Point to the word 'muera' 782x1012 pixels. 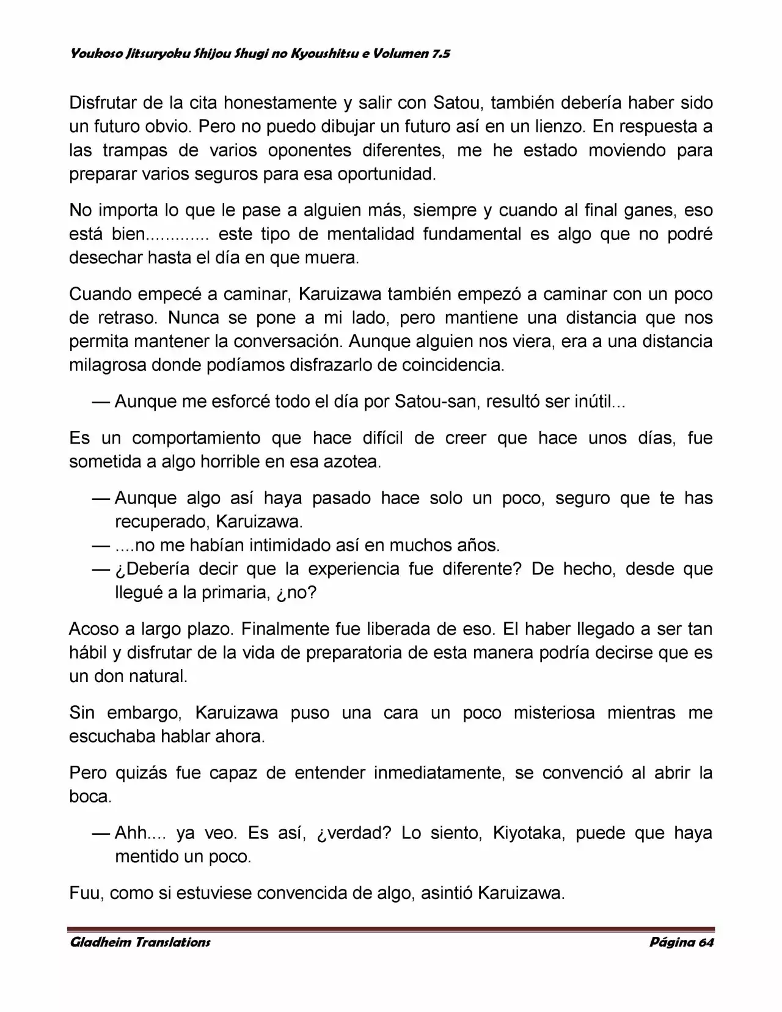337,258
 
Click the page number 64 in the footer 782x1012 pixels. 704,942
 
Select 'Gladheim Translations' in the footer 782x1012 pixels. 140,942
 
